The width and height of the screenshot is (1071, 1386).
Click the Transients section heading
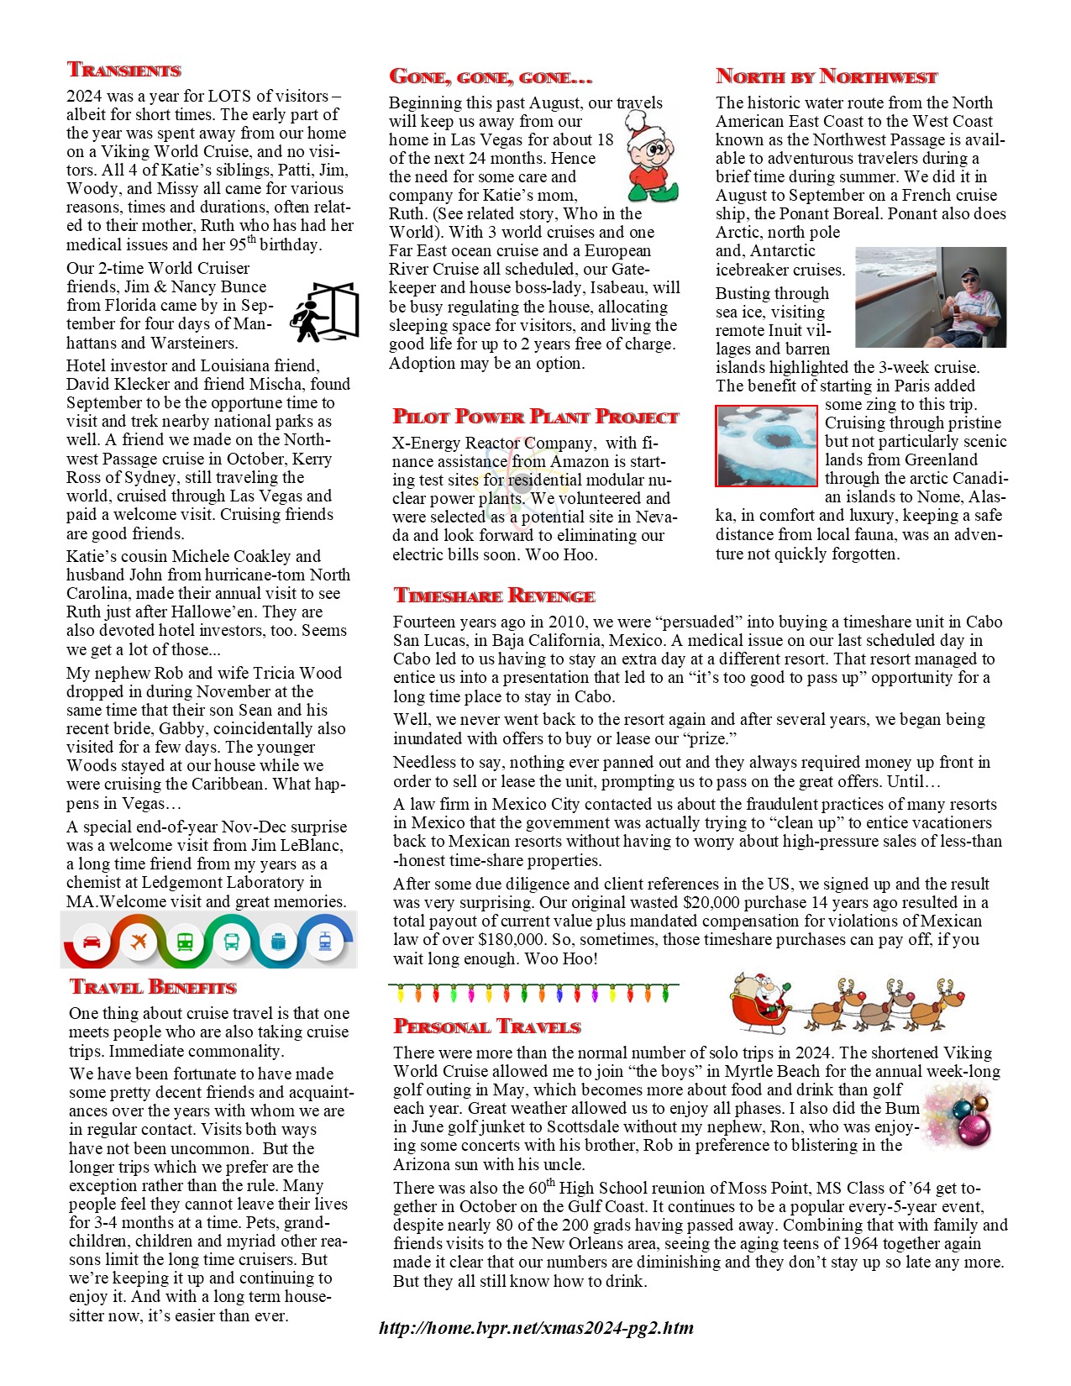coord(124,70)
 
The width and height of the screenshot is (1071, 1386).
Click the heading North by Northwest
coord(826,76)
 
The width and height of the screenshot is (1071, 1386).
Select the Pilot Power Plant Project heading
coord(535,417)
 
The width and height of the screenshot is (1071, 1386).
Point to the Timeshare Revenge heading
coord(494,596)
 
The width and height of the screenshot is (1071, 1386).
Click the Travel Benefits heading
coord(153,987)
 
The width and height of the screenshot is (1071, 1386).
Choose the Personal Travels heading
coord(487,1026)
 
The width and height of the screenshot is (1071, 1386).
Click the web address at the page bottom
coord(536,1328)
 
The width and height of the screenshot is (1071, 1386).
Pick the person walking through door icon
coord(324,312)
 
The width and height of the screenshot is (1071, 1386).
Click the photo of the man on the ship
coord(930,297)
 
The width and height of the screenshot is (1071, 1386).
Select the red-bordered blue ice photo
coord(766,445)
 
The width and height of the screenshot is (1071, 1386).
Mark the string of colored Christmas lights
coord(534,993)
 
